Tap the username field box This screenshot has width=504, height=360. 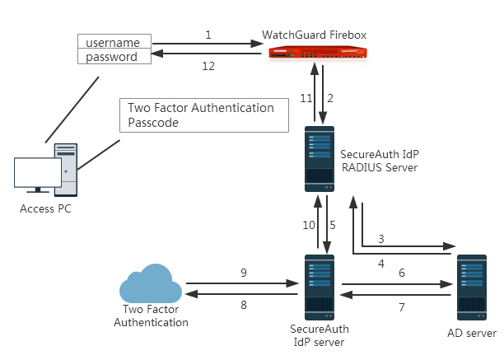tap(114, 41)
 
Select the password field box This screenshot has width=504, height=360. tap(114, 57)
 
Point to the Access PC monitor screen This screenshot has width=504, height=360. tap(38, 173)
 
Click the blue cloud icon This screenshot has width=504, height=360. tap(152, 286)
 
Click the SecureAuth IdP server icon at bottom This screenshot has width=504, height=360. tap(320, 286)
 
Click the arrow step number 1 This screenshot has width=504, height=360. tap(208, 35)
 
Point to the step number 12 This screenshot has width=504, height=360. tap(208, 66)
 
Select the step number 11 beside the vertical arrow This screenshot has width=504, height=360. tap(306, 98)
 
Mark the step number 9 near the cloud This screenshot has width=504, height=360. tap(244, 273)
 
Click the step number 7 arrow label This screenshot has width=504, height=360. tap(401, 307)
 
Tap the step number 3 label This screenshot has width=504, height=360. tap(380, 238)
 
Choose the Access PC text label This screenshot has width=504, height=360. tap(45, 208)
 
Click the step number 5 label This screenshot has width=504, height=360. tap(334, 225)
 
